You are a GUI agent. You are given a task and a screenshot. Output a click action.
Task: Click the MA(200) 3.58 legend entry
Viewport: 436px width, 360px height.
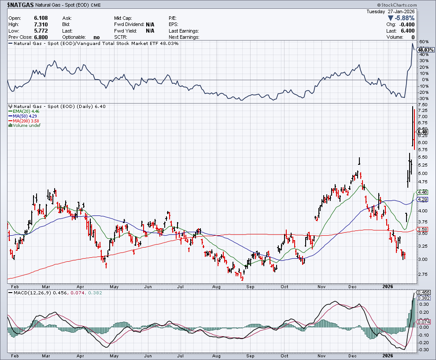tap(25, 121)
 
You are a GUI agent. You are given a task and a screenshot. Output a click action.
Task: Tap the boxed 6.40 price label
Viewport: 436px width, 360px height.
tap(422, 132)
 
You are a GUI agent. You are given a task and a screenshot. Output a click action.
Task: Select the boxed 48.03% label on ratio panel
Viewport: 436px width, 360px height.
tap(425, 50)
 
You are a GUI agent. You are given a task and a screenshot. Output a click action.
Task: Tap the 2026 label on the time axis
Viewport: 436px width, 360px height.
tap(388, 355)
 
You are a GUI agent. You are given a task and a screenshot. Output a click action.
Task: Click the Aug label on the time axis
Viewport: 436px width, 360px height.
tap(217, 355)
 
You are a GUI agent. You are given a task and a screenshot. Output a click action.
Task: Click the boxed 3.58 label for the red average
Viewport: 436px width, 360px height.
tap(422, 230)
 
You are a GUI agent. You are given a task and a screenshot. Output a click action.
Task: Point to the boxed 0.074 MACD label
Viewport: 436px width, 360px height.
tap(423, 322)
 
